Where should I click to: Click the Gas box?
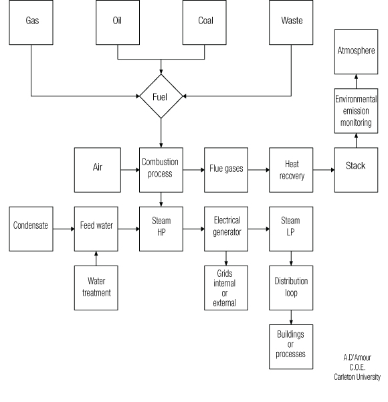[31, 22]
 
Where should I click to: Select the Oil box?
[118, 22]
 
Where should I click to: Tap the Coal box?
[205, 22]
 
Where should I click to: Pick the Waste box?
[291, 22]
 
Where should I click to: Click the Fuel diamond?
[161, 96]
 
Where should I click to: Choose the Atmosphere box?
[356, 52]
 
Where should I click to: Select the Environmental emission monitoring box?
[356, 111]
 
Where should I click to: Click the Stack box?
[356, 170]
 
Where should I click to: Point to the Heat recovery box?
[291, 170]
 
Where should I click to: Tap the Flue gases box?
[226, 170]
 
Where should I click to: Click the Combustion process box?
[161, 170]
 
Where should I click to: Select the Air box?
[98, 170]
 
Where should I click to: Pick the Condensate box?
[31, 229]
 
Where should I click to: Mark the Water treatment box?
[96, 288]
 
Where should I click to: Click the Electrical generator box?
[226, 229]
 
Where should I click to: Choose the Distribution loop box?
[291, 288]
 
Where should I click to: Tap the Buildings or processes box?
[291, 347]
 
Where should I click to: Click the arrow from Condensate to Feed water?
[64, 229]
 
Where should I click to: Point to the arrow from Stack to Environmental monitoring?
[356, 140]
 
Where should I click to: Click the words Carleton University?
[357, 377]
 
